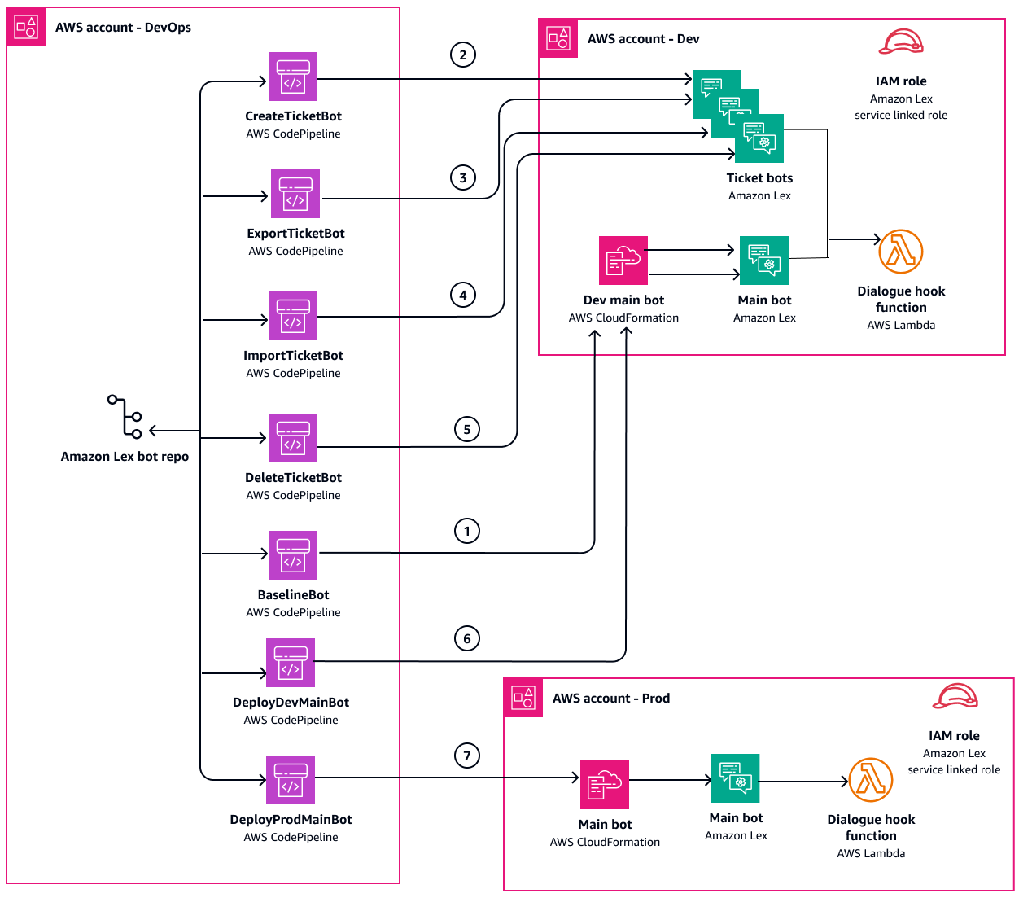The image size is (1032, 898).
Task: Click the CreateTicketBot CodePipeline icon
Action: [x=293, y=77]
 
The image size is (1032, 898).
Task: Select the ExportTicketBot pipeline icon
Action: [x=295, y=194]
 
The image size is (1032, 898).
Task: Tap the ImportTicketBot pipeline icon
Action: [x=293, y=316]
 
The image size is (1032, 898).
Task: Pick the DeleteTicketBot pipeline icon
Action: [x=293, y=438]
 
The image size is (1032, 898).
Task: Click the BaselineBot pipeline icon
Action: [x=293, y=555]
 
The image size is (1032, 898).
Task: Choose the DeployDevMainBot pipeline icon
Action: [x=291, y=663]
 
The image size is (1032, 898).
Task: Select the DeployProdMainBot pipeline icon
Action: [x=291, y=780]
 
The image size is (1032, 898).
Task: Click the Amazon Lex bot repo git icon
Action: [x=125, y=417]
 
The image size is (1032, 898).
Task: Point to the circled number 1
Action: [x=467, y=531]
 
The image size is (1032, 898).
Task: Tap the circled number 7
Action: [x=467, y=756]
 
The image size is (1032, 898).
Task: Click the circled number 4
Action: [x=463, y=295]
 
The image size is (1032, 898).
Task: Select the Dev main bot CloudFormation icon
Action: [x=623, y=261]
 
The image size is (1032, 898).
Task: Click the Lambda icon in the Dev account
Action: [x=901, y=252]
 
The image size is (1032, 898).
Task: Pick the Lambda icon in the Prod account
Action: [x=871, y=780]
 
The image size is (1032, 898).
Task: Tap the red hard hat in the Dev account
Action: [x=901, y=42]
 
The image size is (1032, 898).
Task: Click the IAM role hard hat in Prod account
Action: [x=955, y=697]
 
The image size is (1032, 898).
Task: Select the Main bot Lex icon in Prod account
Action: [x=736, y=778]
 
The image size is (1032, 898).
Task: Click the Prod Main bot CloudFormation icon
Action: [x=605, y=785]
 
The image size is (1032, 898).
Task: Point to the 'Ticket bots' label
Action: [x=759, y=178]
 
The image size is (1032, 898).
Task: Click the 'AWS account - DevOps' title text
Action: [x=123, y=28]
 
